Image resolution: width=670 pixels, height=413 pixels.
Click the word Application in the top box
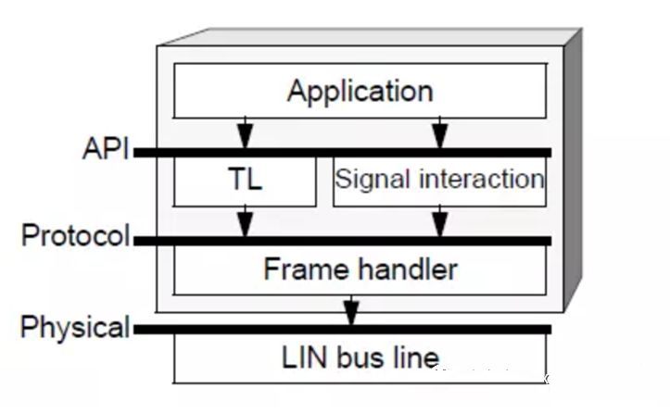(360, 92)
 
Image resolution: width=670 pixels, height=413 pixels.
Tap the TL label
(245, 179)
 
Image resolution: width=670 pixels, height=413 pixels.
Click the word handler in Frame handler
(408, 269)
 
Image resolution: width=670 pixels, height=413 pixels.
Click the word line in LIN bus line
(416, 357)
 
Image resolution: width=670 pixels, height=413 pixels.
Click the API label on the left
(106, 149)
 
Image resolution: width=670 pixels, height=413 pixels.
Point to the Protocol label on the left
(76, 235)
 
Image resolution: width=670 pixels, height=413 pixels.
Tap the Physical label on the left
(75, 328)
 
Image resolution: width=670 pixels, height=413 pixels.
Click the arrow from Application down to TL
(245, 132)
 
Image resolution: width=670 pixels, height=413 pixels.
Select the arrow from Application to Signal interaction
(440, 132)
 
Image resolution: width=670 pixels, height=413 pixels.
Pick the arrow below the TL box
(245, 221)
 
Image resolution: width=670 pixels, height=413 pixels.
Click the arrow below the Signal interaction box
(440, 221)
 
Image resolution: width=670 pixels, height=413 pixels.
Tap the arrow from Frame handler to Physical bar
(351, 310)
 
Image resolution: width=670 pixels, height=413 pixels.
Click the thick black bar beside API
(342, 153)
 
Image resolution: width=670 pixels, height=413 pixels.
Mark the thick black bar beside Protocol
(342, 241)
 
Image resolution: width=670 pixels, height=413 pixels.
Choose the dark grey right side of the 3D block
(573, 170)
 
